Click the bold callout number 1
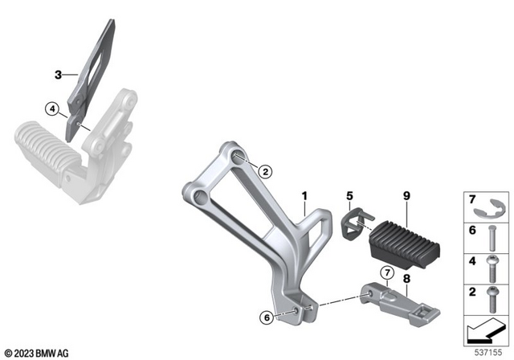[304, 196]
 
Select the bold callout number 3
[58, 76]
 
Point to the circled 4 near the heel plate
[51, 108]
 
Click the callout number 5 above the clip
[349, 196]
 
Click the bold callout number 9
[406, 196]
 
